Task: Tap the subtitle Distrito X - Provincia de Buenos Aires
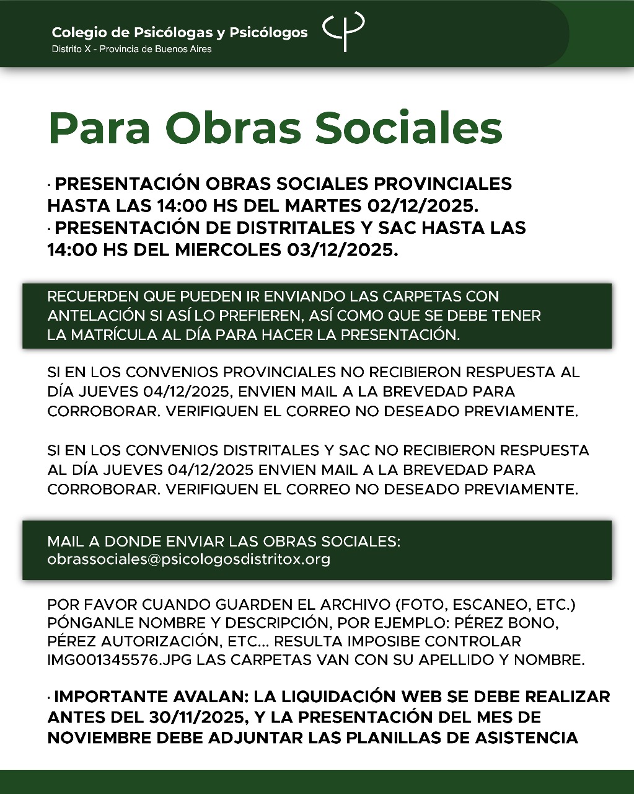(131, 49)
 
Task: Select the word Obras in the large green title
(233, 128)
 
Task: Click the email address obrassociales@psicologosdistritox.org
(188, 559)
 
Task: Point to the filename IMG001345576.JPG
(120, 660)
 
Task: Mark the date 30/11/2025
(196, 717)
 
